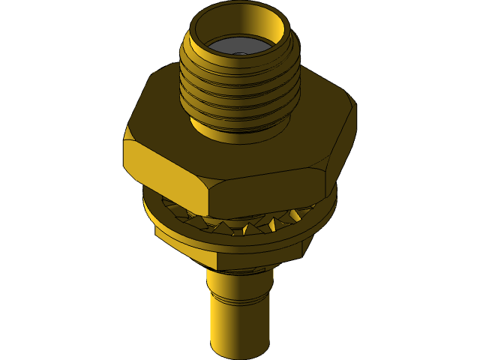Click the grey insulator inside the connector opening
pos(225,46)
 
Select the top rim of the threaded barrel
pos(239,9)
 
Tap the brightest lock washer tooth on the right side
pos(294,216)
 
